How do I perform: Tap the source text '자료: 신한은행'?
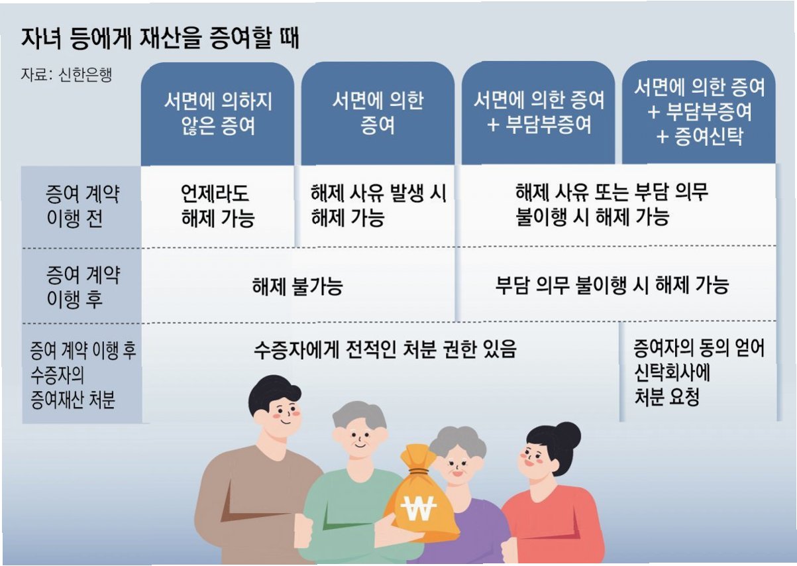(66, 74)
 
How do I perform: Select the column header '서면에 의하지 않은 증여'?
(217, 113)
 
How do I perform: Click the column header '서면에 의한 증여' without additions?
(378, 113)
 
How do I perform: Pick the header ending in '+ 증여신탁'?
(699, 112)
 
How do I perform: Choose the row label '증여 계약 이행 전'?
(82, 206)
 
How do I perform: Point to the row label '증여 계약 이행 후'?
(82, 286)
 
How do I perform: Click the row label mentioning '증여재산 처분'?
(82, 375)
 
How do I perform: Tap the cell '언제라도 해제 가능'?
(217, 206)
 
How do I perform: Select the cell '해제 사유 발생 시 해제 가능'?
(378, 205)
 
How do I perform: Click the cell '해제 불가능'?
(297, 286)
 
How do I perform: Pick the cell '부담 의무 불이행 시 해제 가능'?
(612, 285)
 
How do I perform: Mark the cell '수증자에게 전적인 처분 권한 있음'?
(384, 349)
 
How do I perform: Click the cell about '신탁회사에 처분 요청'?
(698, 372)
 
